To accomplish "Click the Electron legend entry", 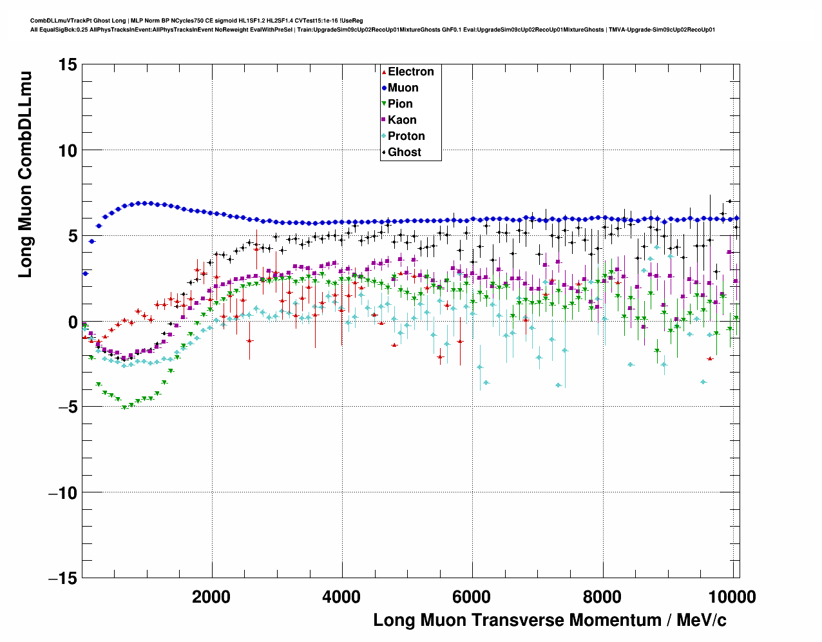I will (410, 72).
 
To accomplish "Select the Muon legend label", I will (403, 88).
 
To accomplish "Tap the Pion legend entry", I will (400, 104).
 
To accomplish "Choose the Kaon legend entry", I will (402, 120).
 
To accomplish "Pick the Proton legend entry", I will (406, 136).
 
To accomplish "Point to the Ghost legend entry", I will (404, 152).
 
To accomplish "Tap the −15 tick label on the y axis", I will (62, 578).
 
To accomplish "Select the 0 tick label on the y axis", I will (73, 322).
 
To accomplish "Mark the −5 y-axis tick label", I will (66, 407).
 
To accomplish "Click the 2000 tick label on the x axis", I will (211, 597).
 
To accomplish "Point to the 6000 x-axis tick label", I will (472, 597).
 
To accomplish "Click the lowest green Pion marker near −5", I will (125, 407).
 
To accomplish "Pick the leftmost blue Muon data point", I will (85, 273).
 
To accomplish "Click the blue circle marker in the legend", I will (384, 88).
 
